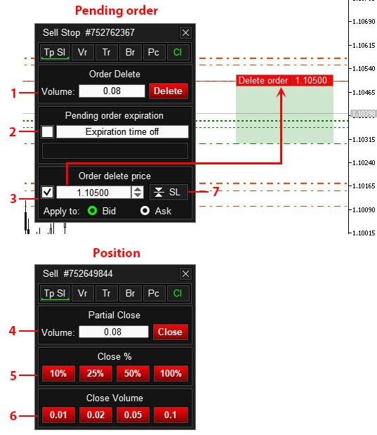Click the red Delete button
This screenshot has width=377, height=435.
point(168,91)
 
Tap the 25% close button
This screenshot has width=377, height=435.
point(95,373)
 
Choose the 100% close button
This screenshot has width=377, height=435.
point(171,373)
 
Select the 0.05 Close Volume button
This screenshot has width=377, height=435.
point(133,415)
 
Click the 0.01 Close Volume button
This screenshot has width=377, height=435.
point(58,415)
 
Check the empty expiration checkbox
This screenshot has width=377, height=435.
point(47,131)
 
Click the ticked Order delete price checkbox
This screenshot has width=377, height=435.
point(47,192)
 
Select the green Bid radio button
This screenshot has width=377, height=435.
point(92,211)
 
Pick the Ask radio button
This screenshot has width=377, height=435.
point(145,211)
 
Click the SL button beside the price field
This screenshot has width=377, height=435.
point(168,192)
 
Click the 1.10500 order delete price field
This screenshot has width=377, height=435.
point(93,193)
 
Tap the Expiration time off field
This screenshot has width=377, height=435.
point(122,131)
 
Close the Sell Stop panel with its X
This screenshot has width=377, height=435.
point(185,33)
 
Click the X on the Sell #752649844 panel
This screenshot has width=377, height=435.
point(185,274)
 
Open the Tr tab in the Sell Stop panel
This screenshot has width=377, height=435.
point(107,52)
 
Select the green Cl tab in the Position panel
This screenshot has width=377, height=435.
point(178,293)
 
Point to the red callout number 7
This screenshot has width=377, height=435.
point(216,191)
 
